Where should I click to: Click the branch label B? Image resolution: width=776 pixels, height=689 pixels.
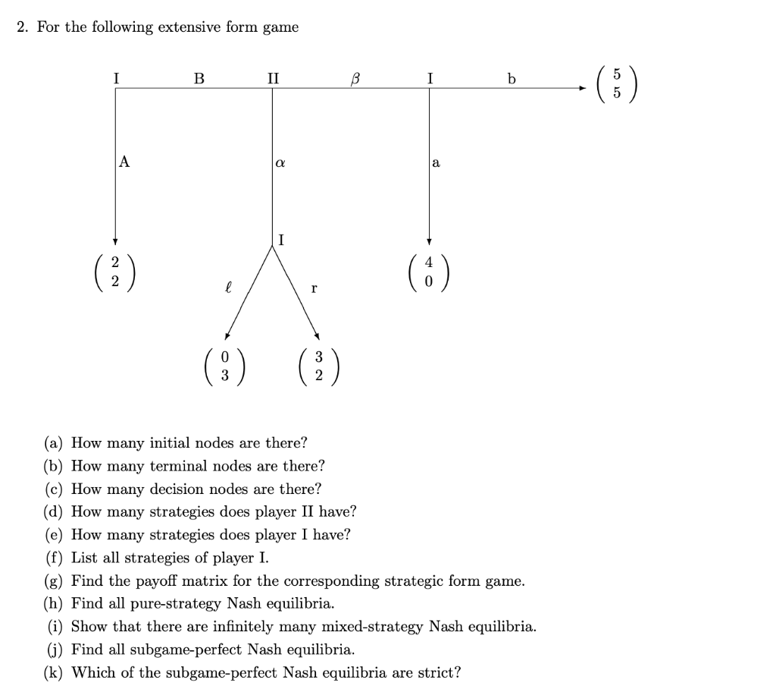point(199,77)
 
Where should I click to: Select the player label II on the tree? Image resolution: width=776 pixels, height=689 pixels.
point(273,77)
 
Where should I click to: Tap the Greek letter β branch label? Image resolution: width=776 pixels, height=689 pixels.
point(352,78)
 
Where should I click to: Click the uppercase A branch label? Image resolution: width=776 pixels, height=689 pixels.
point(124,161)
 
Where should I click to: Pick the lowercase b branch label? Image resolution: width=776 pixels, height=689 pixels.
point(512,77)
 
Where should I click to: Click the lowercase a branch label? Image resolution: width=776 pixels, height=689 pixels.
point(436,162)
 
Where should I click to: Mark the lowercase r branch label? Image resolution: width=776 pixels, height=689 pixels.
point(314,288)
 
